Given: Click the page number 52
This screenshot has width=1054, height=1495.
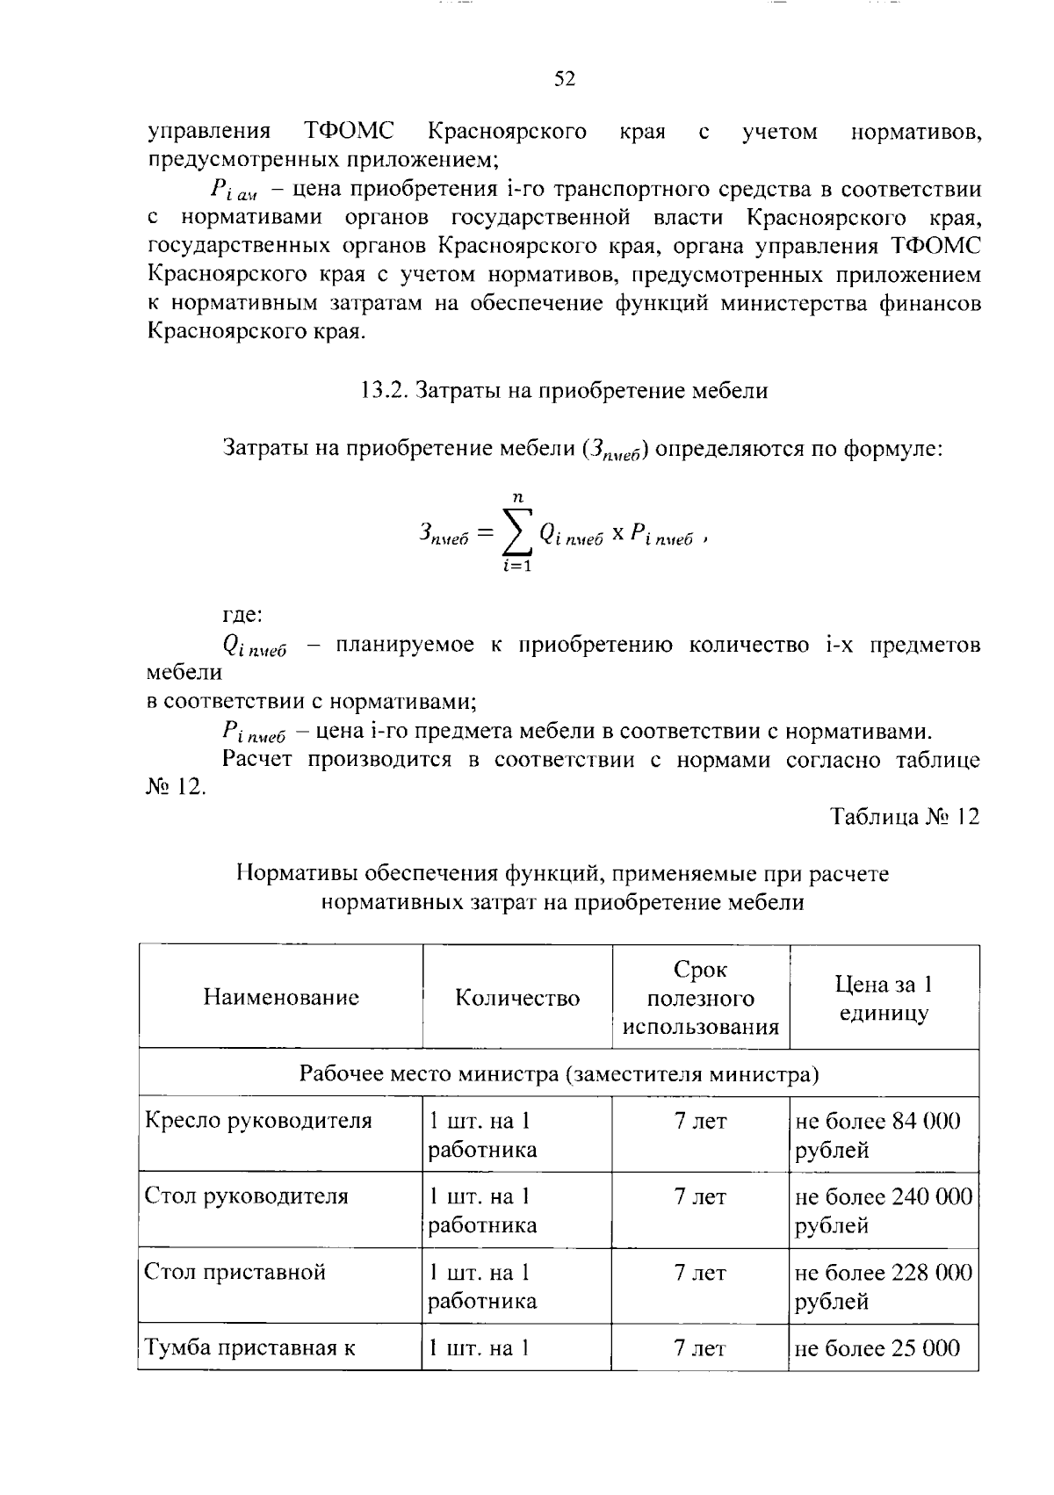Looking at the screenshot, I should coord(564,80).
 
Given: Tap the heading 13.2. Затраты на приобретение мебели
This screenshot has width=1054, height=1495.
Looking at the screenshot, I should coord(564,391).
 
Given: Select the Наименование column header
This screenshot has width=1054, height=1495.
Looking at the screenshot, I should coord(281,997).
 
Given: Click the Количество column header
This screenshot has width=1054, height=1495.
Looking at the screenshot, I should coord(517,998).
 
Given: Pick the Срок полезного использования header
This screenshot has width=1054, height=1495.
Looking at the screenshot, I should coord(701,998).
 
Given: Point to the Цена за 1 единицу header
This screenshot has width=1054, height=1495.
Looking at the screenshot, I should coord(884,998).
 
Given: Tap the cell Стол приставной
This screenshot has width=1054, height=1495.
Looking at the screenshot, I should coord(235,1272).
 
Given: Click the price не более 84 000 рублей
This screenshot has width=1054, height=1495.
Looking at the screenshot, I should coord(878,1135).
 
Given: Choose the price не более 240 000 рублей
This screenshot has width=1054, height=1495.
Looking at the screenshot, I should coord(884,1210).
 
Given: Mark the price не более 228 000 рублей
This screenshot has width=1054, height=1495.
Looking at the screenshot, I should coord(884,1286).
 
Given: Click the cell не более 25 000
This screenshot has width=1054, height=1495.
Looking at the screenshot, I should coord(878,1348).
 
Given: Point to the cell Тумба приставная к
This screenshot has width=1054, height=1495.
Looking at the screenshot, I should coord(250,1348).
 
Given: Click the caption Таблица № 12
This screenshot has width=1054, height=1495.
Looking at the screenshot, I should coord(905,817).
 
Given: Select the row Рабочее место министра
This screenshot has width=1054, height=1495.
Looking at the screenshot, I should coord(559,1073).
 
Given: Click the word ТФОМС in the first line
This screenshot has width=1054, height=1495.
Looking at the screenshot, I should coord(348,133).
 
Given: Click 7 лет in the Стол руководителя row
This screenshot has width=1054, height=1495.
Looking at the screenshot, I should coord(700,1196).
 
